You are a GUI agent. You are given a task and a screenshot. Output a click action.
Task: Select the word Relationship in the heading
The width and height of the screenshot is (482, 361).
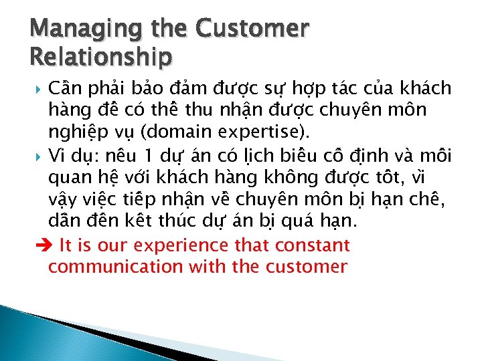tap(100, 57)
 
